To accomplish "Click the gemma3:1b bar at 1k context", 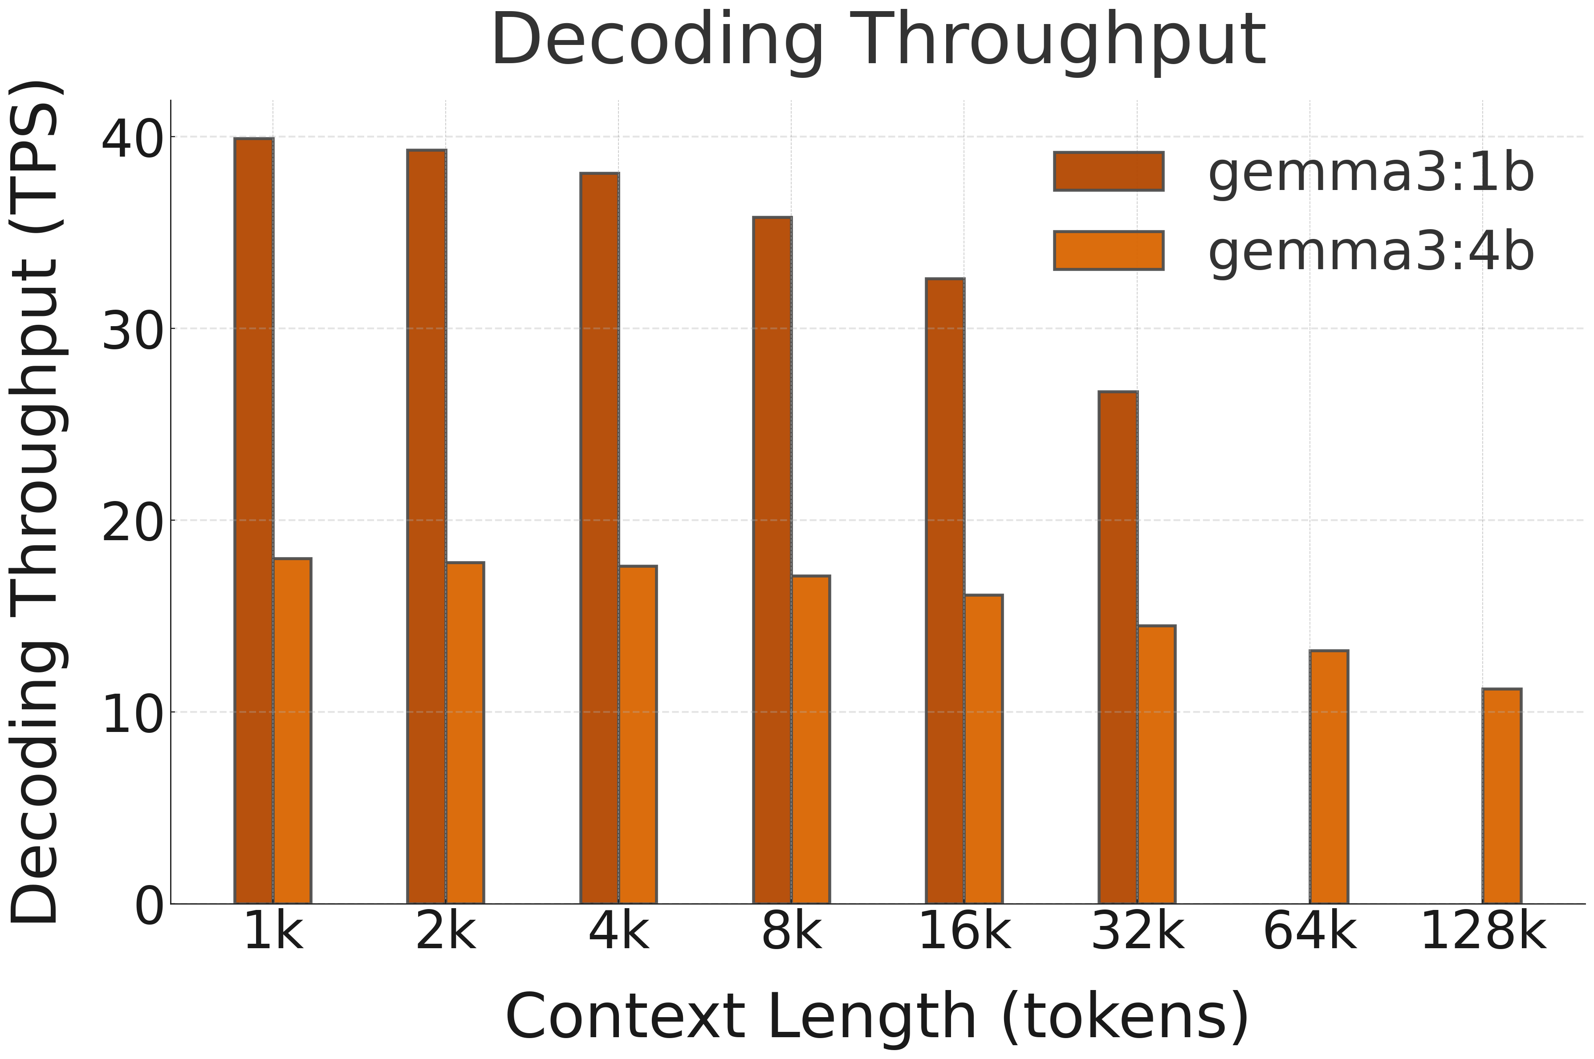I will click(254, 521).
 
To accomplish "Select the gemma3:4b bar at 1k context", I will click(292, 731).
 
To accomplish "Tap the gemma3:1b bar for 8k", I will click(773, 561).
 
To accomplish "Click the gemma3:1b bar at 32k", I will click(1118, 648).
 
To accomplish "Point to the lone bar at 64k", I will click(1329, 777).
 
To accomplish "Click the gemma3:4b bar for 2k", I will click(465, 733).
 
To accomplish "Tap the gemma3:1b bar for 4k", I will click(599, 538).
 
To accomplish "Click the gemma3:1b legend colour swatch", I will click(1108, 172).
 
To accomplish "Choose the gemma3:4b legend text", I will click(1371, 251).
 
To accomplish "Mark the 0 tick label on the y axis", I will click(149, 906).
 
